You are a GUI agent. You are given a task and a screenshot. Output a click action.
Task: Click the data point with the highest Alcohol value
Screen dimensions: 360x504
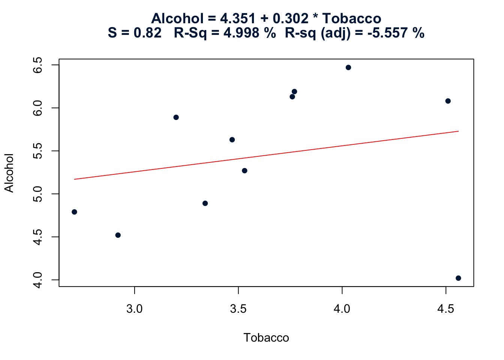point(348,67)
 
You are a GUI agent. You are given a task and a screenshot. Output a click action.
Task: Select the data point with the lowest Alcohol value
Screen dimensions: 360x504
point(458,278)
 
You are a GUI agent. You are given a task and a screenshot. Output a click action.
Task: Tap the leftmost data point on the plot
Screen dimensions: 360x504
point(74,212)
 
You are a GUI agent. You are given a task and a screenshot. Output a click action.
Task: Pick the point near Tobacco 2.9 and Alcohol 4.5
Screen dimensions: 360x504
point(118,235)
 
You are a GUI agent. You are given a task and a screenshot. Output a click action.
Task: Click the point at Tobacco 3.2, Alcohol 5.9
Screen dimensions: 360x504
point(176,117)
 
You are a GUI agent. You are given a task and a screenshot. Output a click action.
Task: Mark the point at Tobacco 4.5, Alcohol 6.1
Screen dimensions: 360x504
point(448,101)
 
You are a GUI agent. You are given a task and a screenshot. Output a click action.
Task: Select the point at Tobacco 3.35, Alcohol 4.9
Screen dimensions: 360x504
point(205,203)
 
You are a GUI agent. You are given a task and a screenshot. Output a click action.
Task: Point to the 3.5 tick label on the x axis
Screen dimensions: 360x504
point(238,309)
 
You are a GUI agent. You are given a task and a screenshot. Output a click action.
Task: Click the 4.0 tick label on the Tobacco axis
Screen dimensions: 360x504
point(342,309)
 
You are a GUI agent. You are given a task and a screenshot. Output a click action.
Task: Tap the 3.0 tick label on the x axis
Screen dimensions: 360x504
point(135,309)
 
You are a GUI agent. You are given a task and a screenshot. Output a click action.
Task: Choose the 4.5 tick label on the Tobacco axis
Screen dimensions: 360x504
point(445,309)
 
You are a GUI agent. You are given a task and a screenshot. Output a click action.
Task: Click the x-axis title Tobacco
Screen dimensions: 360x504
point(266,338)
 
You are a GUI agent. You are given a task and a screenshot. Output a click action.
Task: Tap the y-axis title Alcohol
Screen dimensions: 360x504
point(9,173)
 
